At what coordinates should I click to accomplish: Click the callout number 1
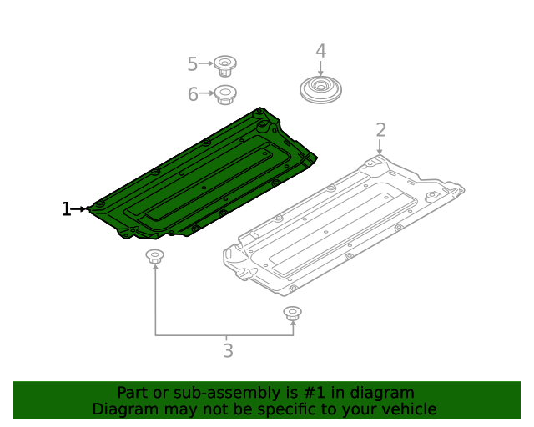66,209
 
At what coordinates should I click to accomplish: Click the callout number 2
380,130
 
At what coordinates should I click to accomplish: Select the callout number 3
228,351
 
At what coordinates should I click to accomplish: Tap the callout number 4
320,51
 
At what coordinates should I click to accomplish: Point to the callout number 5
192,64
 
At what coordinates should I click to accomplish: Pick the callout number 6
192,94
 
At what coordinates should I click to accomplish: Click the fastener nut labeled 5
224,64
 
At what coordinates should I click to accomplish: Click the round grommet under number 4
320,89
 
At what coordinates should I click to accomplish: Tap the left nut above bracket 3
154,256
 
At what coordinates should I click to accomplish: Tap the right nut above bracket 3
292,314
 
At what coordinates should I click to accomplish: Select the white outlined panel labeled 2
342,225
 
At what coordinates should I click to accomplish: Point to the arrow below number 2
380,148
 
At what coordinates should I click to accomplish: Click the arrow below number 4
320,69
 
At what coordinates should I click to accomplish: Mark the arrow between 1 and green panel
81,209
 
